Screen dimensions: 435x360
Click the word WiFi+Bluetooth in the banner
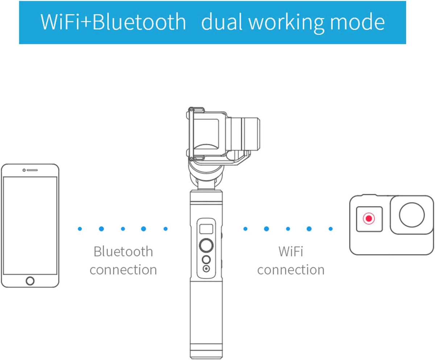(113, 22)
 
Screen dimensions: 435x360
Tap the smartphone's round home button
(30, 281)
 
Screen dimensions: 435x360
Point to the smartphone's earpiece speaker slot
(32, 170)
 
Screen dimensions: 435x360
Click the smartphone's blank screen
(30, 225)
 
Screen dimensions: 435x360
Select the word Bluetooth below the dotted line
(123, 252)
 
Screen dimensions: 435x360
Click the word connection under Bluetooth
(123, 270)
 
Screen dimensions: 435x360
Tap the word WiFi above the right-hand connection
(291, 252)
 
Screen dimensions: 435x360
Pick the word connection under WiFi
(291, 270)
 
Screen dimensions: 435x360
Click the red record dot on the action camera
(369, 218)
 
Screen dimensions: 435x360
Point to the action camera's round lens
(412, 215)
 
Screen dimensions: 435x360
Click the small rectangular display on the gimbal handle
(206, 229)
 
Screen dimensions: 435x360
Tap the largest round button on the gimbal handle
(206, 245)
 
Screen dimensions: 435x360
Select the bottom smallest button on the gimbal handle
(206, 269)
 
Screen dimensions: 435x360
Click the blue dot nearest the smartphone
(80, 229)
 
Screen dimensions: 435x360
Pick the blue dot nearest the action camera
(331, 229)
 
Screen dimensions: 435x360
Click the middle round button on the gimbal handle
(206, 260)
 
